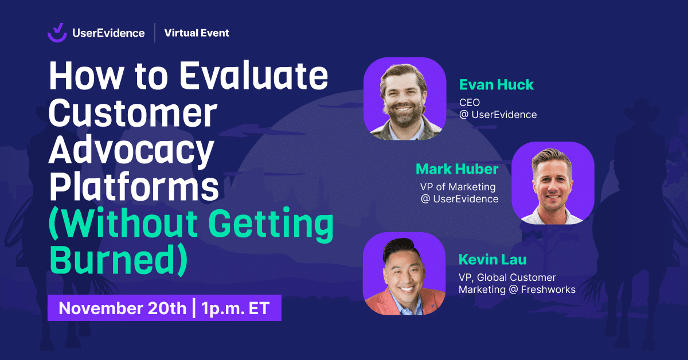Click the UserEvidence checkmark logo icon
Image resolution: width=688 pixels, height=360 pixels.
coord(57,33)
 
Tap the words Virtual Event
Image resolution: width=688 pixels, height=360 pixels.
coord(197,33)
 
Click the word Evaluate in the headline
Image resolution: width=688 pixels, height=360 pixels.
coord(253,75)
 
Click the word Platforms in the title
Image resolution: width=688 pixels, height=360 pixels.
coord(134,186)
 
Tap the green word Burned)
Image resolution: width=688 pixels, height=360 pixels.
coord(118,259)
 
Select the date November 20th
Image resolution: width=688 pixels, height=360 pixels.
coord(123,308)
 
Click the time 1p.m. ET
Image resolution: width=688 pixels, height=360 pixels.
coord(236,308)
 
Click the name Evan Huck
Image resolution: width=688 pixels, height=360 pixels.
coord(497,84)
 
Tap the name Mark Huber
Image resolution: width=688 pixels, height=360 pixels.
coord(457,169)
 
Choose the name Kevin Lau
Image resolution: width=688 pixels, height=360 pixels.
coord(492,259)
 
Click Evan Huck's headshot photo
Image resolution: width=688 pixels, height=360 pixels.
coord(405,99)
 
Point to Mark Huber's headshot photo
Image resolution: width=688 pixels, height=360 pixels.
coord(553,183)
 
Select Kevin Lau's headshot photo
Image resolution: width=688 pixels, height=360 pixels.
coord(404,273)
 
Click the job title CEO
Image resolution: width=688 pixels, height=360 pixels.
coord(470,102)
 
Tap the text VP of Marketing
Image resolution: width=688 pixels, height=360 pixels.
coord(458,187)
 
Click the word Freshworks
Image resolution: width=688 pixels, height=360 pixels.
coord(548,289)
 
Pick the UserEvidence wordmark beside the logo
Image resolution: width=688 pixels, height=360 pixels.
coord(108,33)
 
